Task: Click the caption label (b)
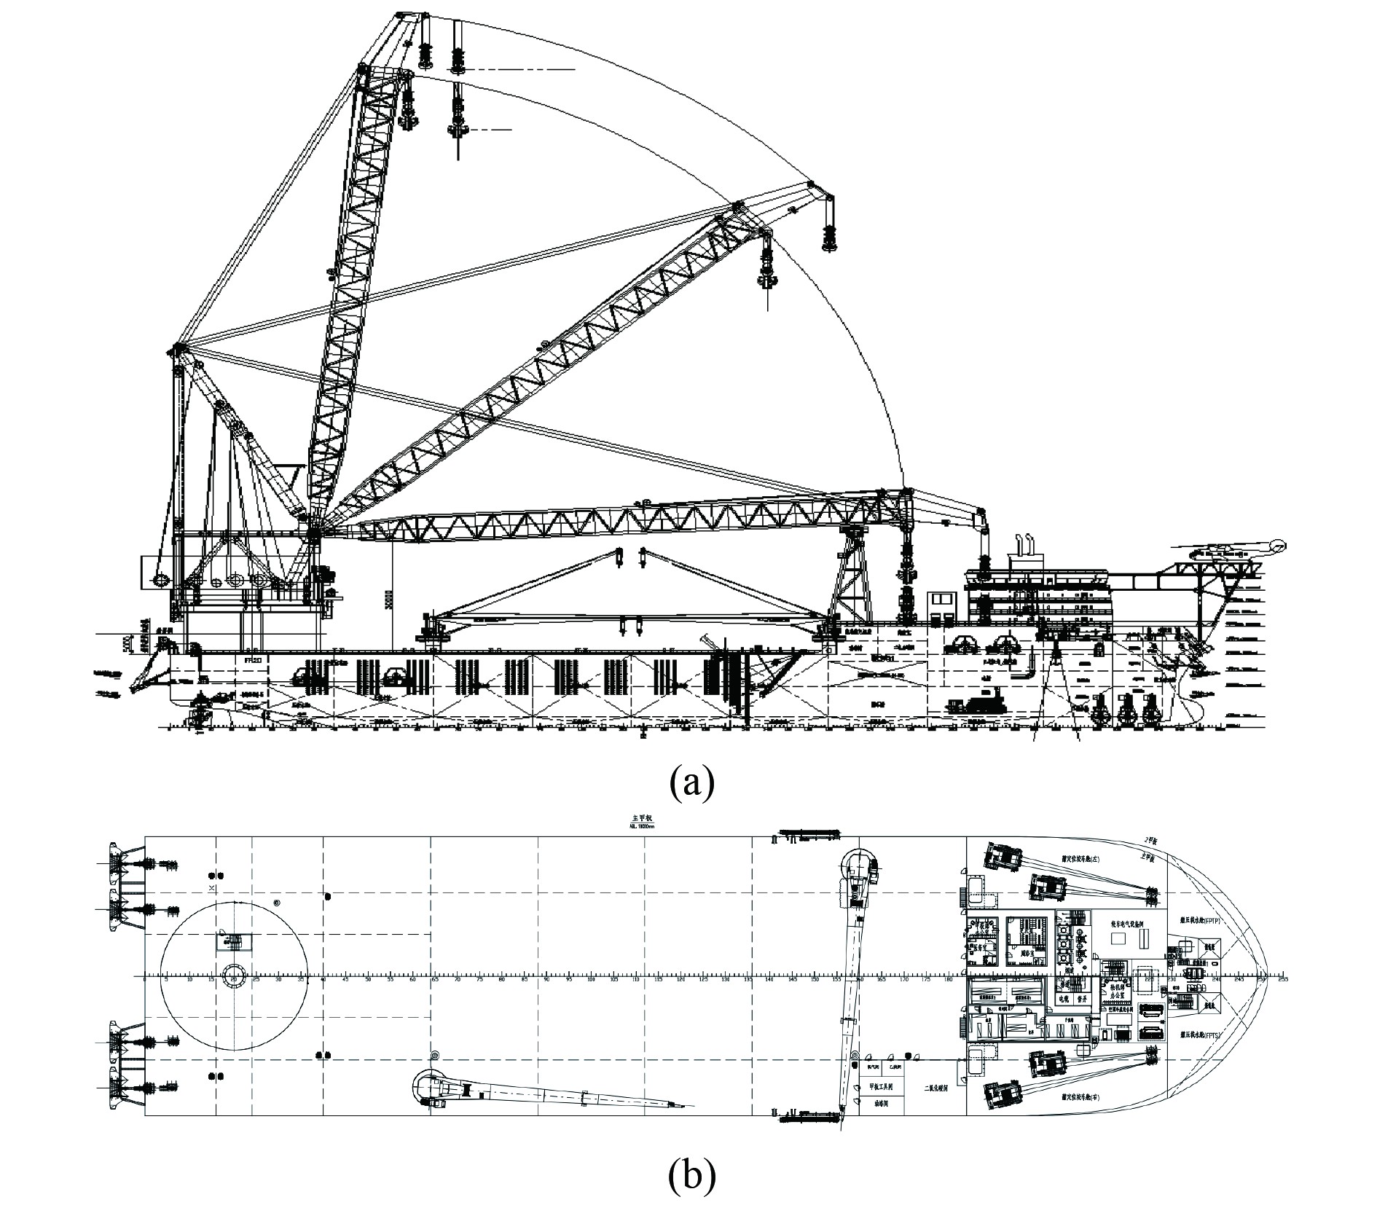[691, 1175]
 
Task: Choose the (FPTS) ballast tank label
[1198, 1033]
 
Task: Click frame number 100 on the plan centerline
[591, 979]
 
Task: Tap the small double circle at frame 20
[235, 975]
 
